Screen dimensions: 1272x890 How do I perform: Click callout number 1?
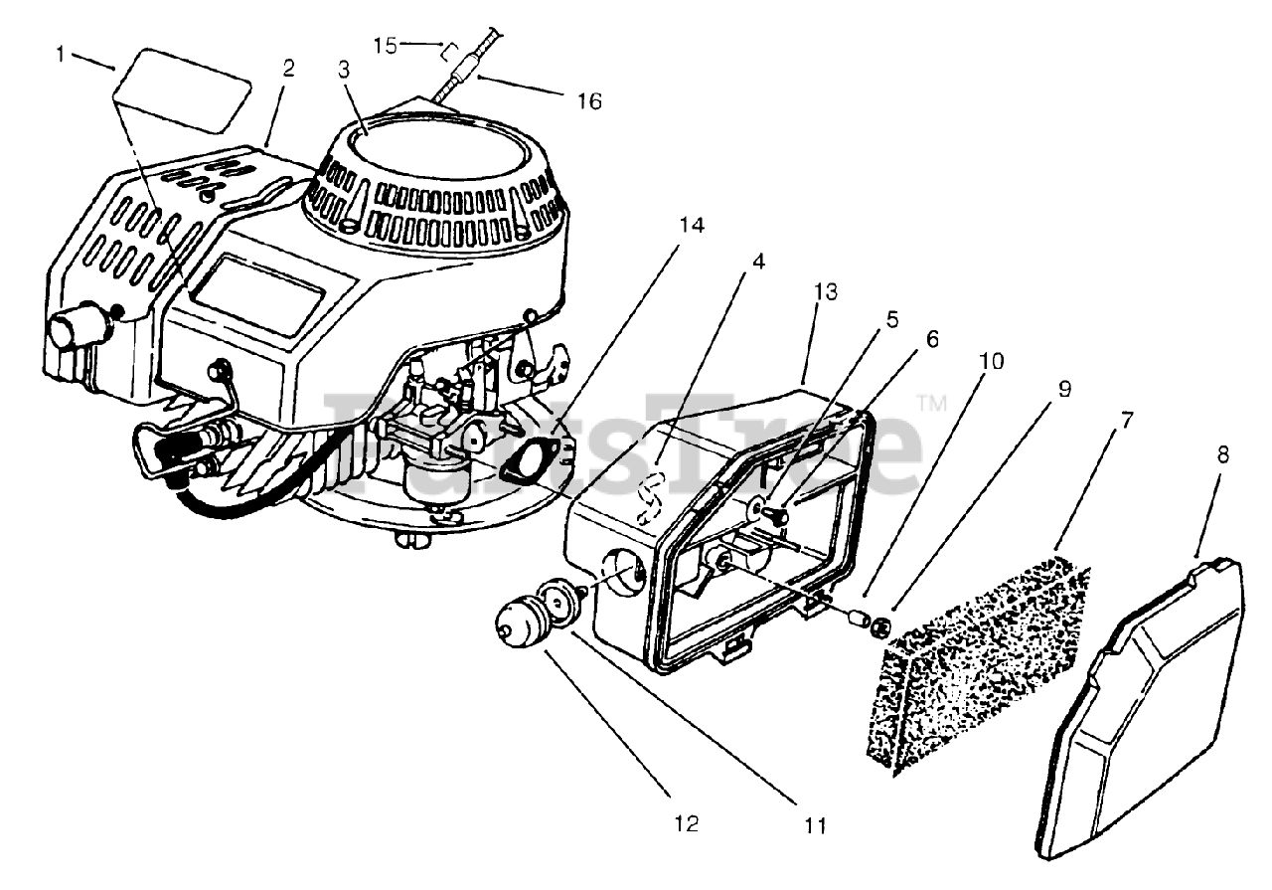(x=61, y=55)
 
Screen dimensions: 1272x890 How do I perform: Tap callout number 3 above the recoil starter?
(x=344, y=70)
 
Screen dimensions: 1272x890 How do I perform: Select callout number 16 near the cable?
(x=589, y=101)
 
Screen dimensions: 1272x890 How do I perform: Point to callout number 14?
(x=692, y=226)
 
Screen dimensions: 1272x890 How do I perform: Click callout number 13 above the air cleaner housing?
(x=826, y=291)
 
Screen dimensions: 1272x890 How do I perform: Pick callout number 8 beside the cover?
(x=1223, y=454)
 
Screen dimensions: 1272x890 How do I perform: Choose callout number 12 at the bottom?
(x=687, y=823)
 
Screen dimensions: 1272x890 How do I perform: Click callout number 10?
(x=992, y=361)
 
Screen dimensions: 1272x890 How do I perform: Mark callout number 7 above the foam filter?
(x=1127, y=421)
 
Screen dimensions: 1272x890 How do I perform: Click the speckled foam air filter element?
(x=976, y=670)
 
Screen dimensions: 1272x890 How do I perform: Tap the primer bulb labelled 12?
(x=516, y=623)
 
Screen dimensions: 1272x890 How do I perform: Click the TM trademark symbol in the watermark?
(x=932, y=403)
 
